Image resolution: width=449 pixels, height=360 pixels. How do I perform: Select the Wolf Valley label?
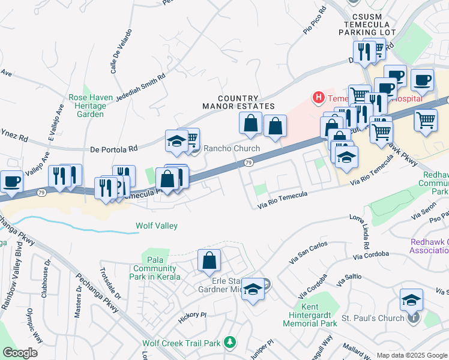pos(156,226)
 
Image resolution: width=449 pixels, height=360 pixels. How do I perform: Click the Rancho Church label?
pos(232,149)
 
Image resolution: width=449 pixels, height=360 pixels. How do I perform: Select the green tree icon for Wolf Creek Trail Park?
pos(228,343)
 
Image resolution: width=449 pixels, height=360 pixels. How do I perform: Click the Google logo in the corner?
pos(20,353)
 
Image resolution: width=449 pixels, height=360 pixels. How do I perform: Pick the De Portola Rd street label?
pos(113,148)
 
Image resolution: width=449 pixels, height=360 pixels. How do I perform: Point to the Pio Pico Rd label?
pos(315,21)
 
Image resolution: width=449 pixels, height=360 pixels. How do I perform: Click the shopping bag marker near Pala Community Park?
pos(209,260)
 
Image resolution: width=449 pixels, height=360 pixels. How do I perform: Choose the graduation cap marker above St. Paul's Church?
pos(411,299)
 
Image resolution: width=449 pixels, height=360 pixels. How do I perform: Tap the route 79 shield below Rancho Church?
pos(248,163)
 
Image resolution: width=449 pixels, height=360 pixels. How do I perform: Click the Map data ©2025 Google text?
pos(412,355)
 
